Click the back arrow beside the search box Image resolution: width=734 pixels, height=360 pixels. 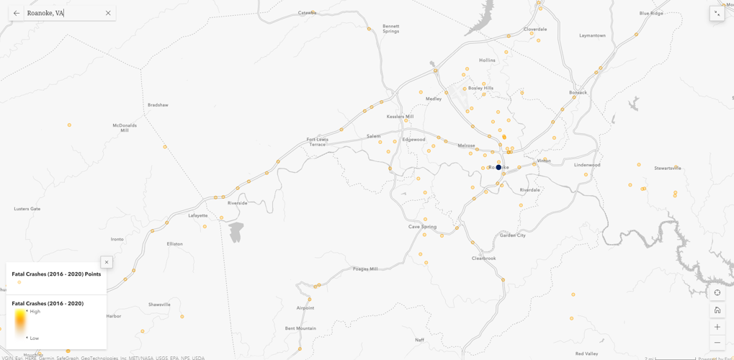click(x=17, y=13)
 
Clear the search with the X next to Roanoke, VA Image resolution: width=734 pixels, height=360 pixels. click(x=108, y=13)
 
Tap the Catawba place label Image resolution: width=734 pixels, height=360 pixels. click(x=308, y=12)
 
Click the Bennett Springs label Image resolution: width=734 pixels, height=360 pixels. click(x=390, y=29)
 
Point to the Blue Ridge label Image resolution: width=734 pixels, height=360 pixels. click(x=651, y=13)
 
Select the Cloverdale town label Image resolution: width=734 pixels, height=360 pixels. click(x=535, y=30)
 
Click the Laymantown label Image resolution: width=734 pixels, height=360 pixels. click(x=592, y=35)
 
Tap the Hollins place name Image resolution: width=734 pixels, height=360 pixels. click(x=487, y=60)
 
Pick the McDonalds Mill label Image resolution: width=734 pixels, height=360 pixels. click(x=125, y=128)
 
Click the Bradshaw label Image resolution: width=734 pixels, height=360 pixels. click(x=158, y=105)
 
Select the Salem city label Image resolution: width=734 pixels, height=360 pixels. click(x=373, y=136)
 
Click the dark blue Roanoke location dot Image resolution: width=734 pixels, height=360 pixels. click(x=498, y=167)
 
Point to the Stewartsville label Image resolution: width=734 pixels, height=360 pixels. click(x=667, y=168)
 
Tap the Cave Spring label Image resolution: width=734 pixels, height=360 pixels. click(x=422, y=227)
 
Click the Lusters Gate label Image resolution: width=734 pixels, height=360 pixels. click(x=27, y=209)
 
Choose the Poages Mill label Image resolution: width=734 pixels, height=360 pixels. click(x=365, y=269)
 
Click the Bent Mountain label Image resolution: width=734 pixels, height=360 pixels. click(x=300, y=328)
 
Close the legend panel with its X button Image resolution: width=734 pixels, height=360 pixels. click(x=107, y=262)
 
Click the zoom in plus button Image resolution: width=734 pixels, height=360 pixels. click(x=717, y=327)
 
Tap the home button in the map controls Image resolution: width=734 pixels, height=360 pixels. click(x=717, y=310)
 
